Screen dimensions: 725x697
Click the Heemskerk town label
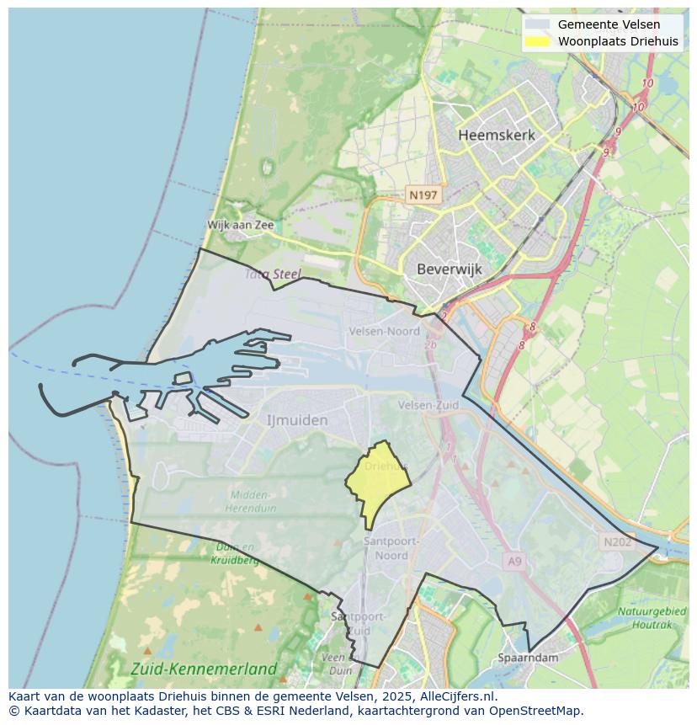[x=497, y=135]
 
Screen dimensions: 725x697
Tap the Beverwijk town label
[x=449, y=269]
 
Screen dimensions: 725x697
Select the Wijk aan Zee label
[x=241, y=225]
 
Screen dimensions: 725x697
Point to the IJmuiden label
[x=297, y=419]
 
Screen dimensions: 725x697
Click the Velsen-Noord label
[x=384, y=332]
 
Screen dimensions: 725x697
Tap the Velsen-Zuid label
[x=428, y=405]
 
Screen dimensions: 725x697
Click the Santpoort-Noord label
[x=386, y=548]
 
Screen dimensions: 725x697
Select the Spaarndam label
[x=528, y=658]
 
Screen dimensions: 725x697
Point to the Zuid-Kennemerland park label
[x=204, y=669]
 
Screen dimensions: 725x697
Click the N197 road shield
[x=423, y=195]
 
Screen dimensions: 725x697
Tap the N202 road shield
[x=617, y=542]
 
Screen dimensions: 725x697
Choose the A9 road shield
[x=514, y=560]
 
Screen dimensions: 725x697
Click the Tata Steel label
[x=273, y=274]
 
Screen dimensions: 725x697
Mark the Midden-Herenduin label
[x=248, y=501]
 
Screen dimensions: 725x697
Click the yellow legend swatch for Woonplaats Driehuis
[x=537, y=41]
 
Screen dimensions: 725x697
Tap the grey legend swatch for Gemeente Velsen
[x=537, y=24]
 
